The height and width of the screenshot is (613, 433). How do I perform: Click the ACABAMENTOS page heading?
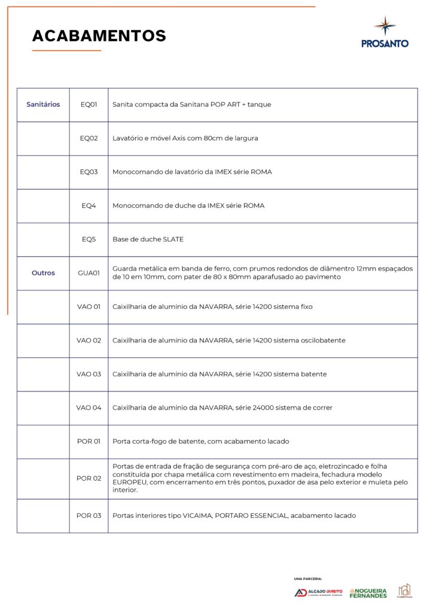(99, 36)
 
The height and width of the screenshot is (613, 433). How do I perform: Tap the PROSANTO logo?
(385, 33)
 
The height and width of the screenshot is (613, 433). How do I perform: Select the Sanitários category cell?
(43, 104)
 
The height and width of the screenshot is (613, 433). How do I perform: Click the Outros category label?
(43, 273)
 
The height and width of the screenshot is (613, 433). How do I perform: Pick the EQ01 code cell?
(89, 104)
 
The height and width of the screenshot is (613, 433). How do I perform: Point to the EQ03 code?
(89, 172)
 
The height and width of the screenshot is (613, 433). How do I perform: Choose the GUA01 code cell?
(89, 273)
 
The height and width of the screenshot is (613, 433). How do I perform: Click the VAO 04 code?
(89, 408)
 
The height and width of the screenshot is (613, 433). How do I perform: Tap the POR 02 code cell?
(89, 478)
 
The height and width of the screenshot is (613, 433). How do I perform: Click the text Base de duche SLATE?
(148, 239)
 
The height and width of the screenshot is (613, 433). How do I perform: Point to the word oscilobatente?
(324, 341)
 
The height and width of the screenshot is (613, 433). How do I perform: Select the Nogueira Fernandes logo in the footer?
(368, 592)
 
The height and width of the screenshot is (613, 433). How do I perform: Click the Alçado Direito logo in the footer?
(318, 593)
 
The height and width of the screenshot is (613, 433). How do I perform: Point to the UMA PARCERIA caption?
(308, 579)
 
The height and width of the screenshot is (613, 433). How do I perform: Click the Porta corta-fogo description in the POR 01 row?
(200, 442)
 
